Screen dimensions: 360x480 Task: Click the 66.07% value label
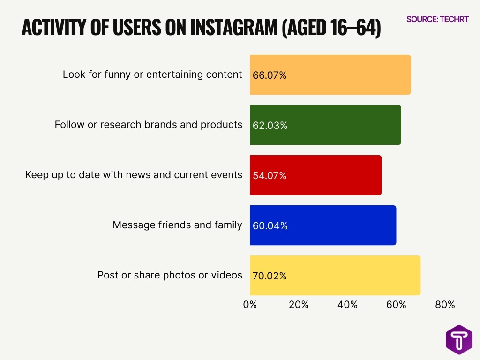point(270,75)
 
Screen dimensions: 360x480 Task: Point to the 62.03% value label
point(270,125)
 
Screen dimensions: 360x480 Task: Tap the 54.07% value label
point(270,175)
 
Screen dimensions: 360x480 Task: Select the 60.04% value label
point(270,225)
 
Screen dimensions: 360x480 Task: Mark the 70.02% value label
point(270,276)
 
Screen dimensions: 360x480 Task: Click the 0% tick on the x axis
point(250,305)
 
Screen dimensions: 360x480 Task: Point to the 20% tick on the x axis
point(299,305)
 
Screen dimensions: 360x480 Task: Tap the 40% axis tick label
point(347,305)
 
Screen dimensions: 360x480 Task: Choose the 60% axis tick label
point(396,305)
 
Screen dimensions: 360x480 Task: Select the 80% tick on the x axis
point(445,305)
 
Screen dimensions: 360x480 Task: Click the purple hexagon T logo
point(459,339)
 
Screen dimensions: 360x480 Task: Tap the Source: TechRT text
point(437,19)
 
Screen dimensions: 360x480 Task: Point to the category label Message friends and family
point(177,225)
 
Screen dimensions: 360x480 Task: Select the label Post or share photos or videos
point(170,275)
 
